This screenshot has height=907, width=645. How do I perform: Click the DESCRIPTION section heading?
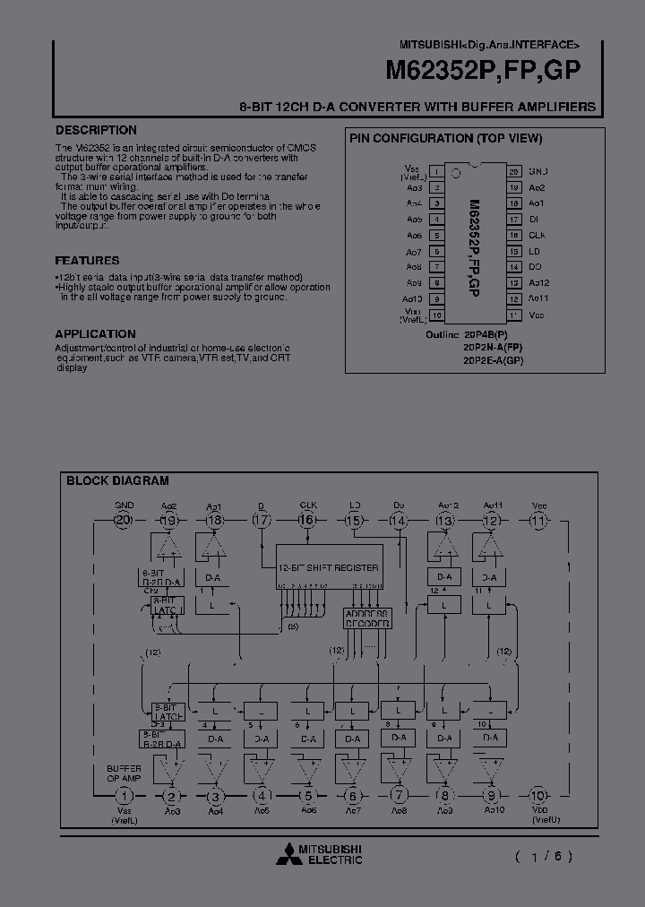tap(96, 130)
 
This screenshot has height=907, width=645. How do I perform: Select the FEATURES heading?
tap(87, 261)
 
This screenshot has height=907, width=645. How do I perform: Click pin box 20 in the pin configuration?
tap(513, 171)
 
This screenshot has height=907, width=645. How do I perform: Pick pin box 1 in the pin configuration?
tap(435, 171)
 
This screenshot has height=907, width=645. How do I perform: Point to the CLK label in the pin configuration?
tap(537, 235)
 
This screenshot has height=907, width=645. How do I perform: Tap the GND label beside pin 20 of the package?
tap(537, 171)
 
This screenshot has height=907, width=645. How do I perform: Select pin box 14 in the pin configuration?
tap(513, 267)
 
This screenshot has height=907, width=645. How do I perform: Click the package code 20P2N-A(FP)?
tap(493, 347)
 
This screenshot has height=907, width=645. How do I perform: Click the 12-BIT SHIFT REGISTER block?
tap(329, 567)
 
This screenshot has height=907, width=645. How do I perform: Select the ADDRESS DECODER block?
tap(367, 618)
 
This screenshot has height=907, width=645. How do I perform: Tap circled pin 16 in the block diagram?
tap(307, 521)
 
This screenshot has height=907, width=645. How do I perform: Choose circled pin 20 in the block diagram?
tap(124, 521)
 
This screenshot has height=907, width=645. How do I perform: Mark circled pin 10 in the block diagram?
tap(537, 795)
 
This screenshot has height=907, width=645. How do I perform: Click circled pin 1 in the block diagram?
tap(125, 795)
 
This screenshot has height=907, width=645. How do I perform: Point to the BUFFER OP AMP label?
tap(125, 774)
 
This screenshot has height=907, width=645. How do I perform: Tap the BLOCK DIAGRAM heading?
tap(117, 481)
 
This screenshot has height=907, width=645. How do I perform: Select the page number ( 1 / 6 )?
tap(544, 856)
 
